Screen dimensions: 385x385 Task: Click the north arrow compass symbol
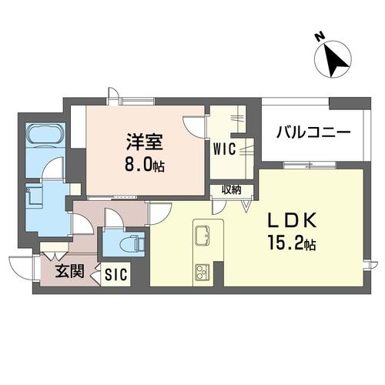click(333, 60)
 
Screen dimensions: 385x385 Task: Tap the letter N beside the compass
click(320, 36)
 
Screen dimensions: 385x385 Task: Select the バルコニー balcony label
click(313, 132)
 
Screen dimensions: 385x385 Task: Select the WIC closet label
click(224, 146)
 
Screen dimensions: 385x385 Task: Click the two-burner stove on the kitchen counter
click(203, 271)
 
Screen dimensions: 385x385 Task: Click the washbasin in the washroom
click(35, 196)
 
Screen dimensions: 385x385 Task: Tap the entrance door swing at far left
click(22, 268)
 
